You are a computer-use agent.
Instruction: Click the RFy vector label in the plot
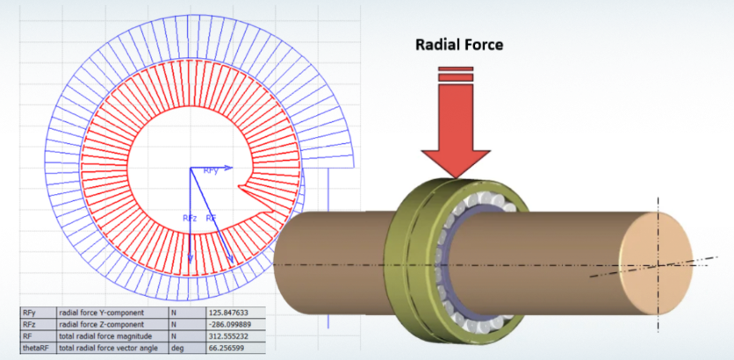(x=211, y=171)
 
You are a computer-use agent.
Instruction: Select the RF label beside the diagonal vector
(x=211, y=216)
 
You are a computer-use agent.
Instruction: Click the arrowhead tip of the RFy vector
(x=230, y=167)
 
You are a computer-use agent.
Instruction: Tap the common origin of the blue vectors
(x=190, y=167)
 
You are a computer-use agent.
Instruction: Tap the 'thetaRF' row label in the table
(x=37, y=348)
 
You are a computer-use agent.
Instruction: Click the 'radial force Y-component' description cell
(x=100, y=312)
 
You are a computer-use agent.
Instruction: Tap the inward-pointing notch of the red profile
(x=239, y=184)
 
